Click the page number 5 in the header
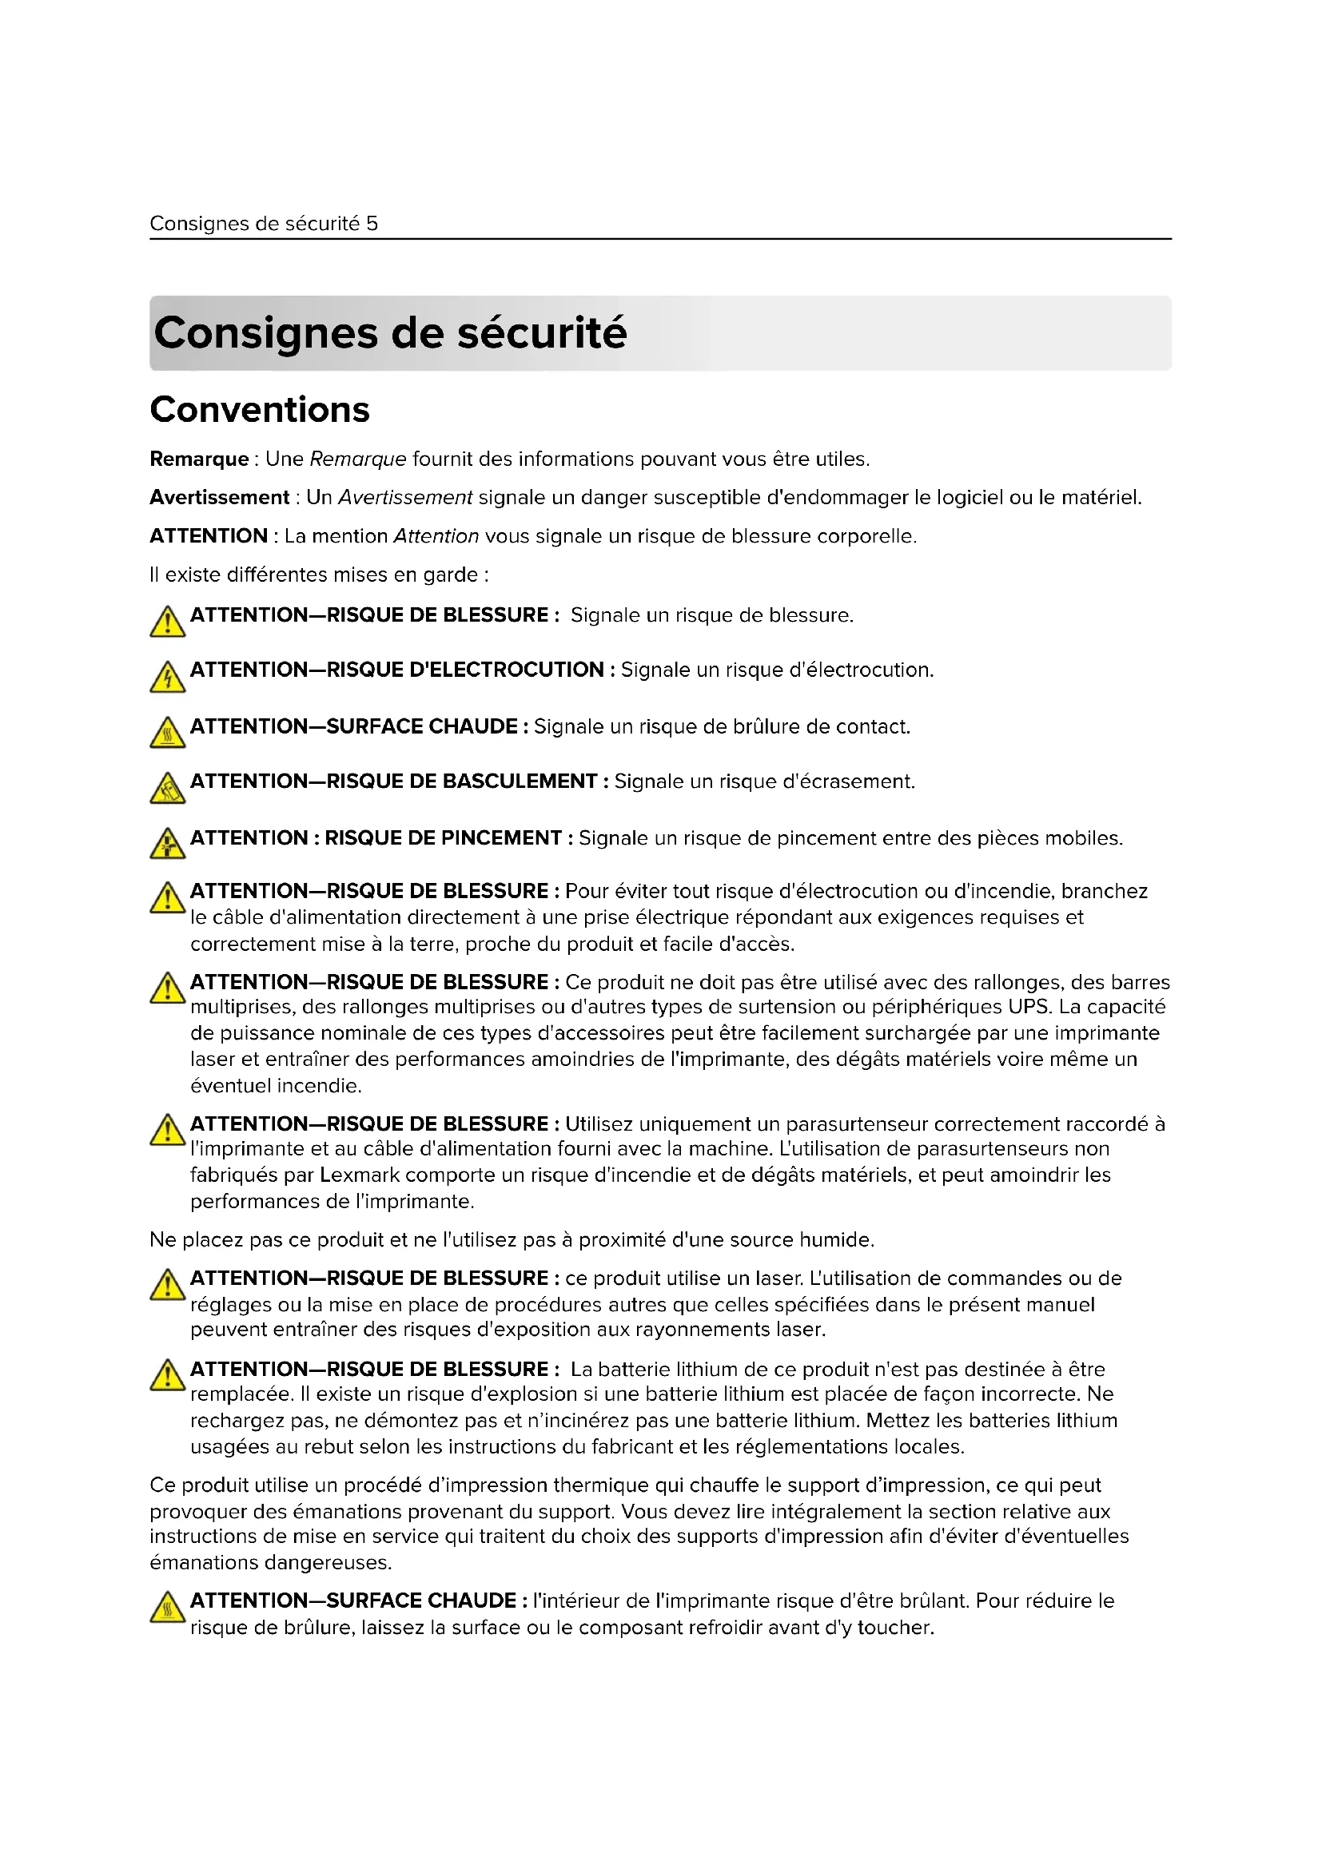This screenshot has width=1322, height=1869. coord(372,224)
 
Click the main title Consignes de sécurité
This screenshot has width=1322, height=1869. coord(390,333)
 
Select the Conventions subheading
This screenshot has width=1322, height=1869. coord(260,409)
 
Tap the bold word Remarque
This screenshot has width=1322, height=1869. coord(199,459)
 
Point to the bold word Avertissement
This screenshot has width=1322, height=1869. coord(219,497)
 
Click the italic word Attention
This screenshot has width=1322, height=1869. coord(436,536)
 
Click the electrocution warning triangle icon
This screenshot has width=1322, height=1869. coord(167,678)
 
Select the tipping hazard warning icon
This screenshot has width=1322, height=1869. coord(167,789)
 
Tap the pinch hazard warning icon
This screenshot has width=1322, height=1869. coord(167,844)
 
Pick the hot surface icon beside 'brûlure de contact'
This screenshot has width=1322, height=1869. coord(167,734)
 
